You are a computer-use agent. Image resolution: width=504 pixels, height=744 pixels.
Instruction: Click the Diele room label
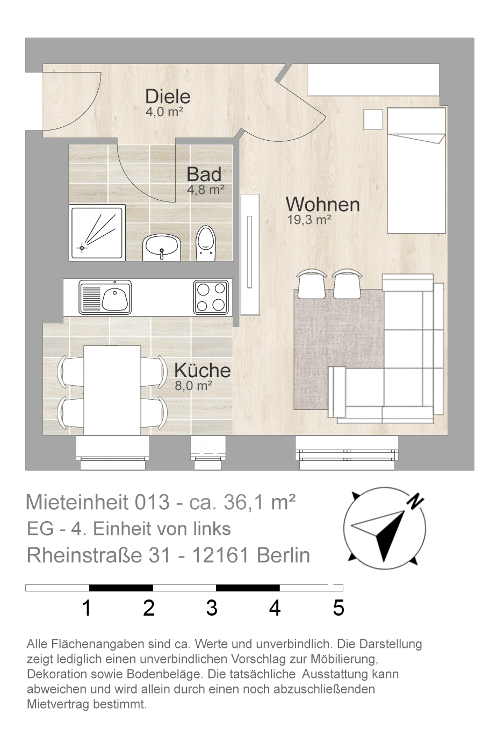pos(168,97)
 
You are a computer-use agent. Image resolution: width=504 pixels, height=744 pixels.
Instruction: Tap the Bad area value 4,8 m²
pos(206,190)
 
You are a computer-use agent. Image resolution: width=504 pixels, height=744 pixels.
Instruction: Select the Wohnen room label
pos(322,205)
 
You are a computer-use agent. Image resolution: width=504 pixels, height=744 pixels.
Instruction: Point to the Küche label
pos(203,370)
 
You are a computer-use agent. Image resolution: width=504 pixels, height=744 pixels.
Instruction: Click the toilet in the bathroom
pos(206,243)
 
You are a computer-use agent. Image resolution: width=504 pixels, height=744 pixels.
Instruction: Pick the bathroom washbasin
pos(162,248)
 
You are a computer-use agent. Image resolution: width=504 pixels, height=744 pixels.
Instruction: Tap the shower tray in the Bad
pos(97,233)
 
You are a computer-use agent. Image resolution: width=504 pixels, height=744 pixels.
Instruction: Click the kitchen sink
pos(105,297)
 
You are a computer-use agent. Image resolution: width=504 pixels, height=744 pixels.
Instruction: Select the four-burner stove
pos(211,297)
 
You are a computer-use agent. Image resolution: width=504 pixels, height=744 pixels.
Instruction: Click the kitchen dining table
pos(112,391)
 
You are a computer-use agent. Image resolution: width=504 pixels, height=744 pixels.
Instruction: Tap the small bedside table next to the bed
pos(373,119)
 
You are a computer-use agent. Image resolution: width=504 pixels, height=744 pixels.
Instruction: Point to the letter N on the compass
pos(415,501)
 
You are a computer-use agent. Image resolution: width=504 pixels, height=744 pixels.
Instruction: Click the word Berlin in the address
pos(283,555)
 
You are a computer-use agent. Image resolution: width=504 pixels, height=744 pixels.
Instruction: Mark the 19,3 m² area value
pos(309,220)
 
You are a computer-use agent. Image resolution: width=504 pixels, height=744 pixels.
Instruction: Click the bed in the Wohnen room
pos(416,170)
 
